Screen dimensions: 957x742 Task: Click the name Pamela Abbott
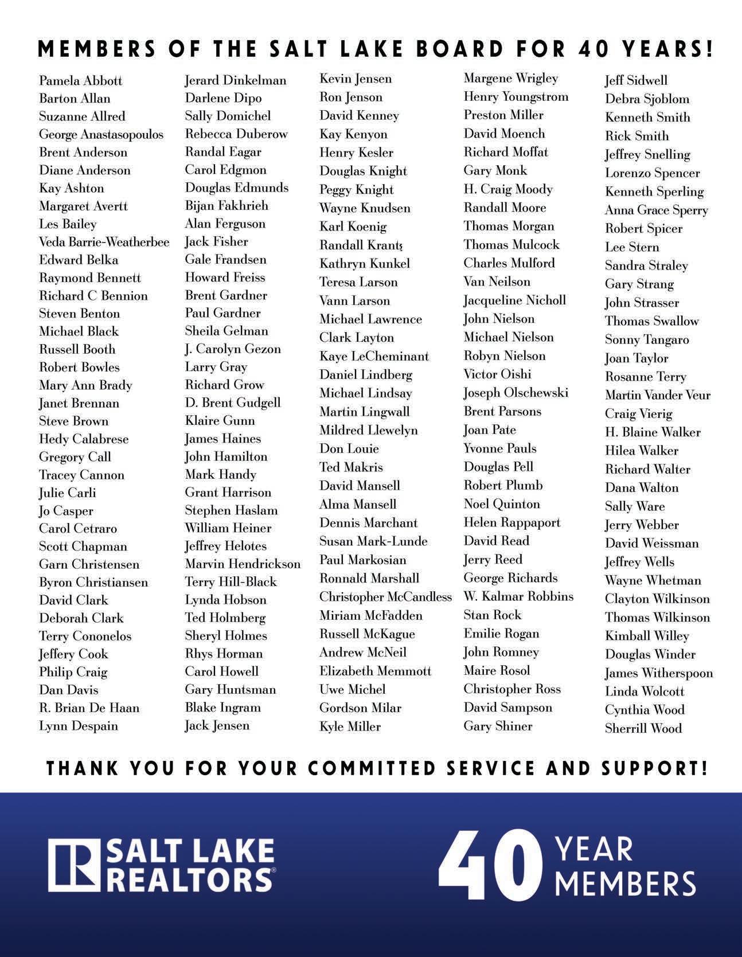[x=80, y=81]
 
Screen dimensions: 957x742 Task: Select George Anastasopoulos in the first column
[x=101, y=135]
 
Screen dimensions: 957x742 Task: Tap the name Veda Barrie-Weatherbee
[x=104, y=242]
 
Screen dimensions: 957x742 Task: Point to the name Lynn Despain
[x=78, y=726]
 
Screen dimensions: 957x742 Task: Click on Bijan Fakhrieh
[x=226, y=205]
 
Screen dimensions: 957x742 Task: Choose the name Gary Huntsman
[x=230, y=689]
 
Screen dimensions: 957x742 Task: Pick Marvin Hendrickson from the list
[x=242, y=564]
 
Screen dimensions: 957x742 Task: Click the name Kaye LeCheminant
[x=374, y=356]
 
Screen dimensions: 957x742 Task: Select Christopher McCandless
[x=385, y=597]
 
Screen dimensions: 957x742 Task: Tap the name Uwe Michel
[x=352, y=689]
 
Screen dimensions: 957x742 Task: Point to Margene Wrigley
[x=510, y=78]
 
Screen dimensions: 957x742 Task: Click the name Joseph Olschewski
[x=516, y=393]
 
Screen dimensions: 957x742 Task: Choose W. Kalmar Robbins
[x=518, y=596]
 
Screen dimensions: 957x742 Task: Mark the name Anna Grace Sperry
[x=656, y=210]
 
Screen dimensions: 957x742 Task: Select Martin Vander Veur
[x=657, y=395]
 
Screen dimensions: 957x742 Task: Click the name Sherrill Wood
[x=643, y=728]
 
